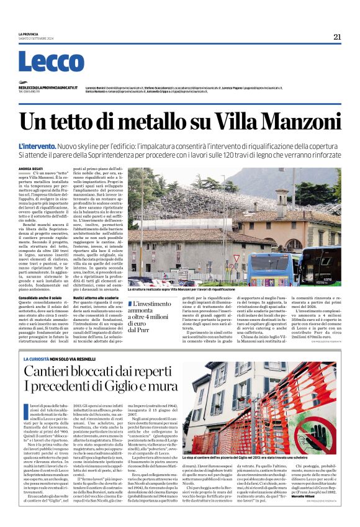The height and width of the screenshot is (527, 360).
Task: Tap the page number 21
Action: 337,37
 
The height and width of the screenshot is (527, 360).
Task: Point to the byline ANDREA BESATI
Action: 30,168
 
